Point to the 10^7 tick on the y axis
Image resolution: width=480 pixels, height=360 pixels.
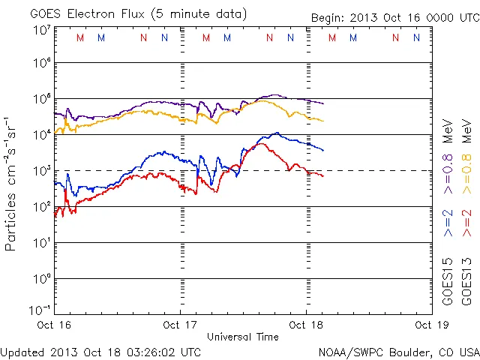point(41,30)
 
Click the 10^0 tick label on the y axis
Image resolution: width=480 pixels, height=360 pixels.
point(41,279)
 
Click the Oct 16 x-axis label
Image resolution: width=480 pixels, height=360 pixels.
point(55,325)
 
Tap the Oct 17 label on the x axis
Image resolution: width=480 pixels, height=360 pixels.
point(180,325)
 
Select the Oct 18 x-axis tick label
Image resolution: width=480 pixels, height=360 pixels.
point(305,325)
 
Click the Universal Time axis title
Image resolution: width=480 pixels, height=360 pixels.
point(242,337)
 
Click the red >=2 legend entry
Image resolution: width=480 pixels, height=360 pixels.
point(466,223)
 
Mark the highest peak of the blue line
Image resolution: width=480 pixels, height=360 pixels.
point(277,133)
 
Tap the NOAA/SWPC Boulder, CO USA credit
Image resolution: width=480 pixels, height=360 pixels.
point(398,351)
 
